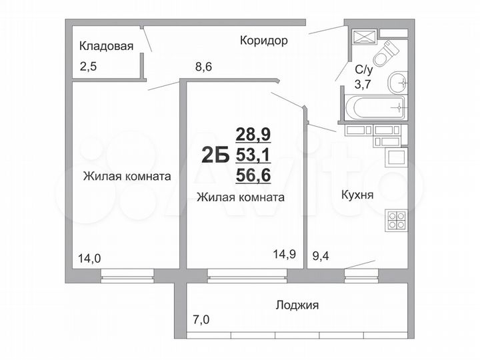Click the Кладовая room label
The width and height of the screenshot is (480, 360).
tap(107, 46)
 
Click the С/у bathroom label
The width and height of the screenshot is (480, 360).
tap(363, 69)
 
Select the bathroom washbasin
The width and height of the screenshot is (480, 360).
tap(399, 82)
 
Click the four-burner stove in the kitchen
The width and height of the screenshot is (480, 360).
tap(396, 219)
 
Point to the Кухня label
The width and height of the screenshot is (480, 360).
tap(357, 197)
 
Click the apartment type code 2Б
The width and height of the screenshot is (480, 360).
tap(215, 155)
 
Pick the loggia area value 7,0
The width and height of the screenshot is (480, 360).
tap(201, 320)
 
